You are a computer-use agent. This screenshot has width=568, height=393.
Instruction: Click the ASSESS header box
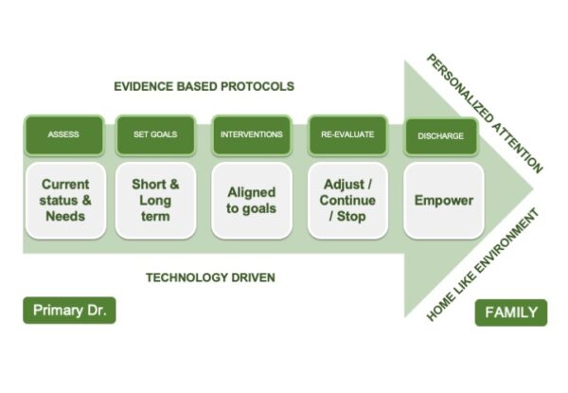(63, 134)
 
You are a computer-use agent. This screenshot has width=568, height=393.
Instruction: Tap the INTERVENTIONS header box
(250, 134)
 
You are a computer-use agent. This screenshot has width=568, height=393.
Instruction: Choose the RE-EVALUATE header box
(347, 134)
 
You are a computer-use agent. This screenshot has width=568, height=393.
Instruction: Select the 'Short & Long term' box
(155, 200)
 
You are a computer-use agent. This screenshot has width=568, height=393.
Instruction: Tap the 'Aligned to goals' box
(250, 200)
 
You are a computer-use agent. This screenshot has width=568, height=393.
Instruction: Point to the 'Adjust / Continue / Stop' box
(347, 200)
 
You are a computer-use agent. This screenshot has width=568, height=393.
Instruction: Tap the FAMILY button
(510, 313)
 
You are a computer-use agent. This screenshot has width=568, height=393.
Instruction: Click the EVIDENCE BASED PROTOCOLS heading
(204, 86)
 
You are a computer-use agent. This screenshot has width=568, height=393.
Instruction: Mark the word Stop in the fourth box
(350, 216)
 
